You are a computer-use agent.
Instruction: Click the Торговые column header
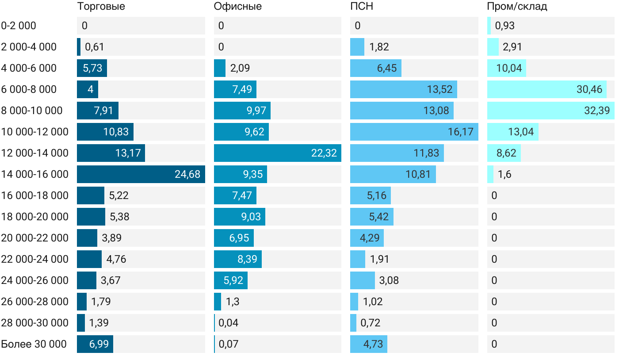(101, 7)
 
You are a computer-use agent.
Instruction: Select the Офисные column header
(237, 7)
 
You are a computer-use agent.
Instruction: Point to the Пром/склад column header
(517, 7)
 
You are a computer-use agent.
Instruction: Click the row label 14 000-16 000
(35, 174)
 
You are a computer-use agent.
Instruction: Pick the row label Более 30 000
(34, 344)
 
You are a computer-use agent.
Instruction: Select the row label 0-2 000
(19, 26)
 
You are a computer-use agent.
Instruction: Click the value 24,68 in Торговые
(187, 174)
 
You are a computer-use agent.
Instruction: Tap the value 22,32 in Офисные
(324, 153)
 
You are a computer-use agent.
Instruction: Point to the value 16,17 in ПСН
(460, 132)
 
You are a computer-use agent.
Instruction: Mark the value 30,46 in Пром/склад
(589, 89)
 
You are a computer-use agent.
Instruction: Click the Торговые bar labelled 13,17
(111, 153)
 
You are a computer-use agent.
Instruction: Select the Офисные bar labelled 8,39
(238, 259)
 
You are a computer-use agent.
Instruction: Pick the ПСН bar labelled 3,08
(363, 280)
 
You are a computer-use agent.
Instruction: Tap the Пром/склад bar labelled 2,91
(493, 47)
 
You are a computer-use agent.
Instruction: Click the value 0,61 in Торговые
(94, 47)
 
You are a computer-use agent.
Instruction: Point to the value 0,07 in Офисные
(229, 344)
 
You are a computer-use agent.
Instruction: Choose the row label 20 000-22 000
(35, 238)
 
